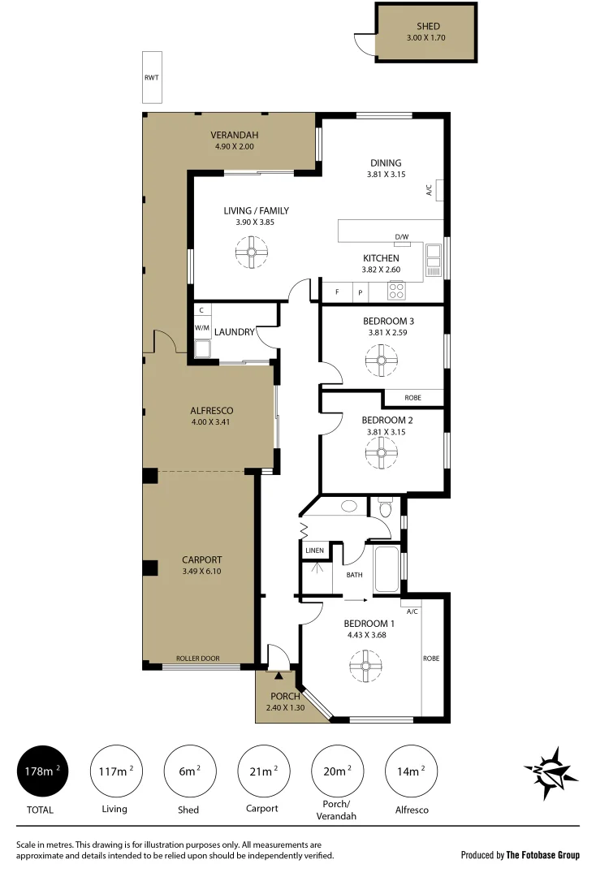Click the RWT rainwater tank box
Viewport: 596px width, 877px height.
click(152, 78)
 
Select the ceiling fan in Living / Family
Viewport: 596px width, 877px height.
click(252, 252)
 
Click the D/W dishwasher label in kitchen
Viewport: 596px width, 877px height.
click(401, 237)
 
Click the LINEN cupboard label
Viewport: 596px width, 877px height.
click(314, 551)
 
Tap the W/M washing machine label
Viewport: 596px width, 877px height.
click(201, 327)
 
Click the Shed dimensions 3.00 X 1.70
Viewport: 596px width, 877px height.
click(427, 38)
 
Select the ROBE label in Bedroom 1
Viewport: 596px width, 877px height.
click(430, 659)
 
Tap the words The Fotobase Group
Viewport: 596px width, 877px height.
click(542, 854)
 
